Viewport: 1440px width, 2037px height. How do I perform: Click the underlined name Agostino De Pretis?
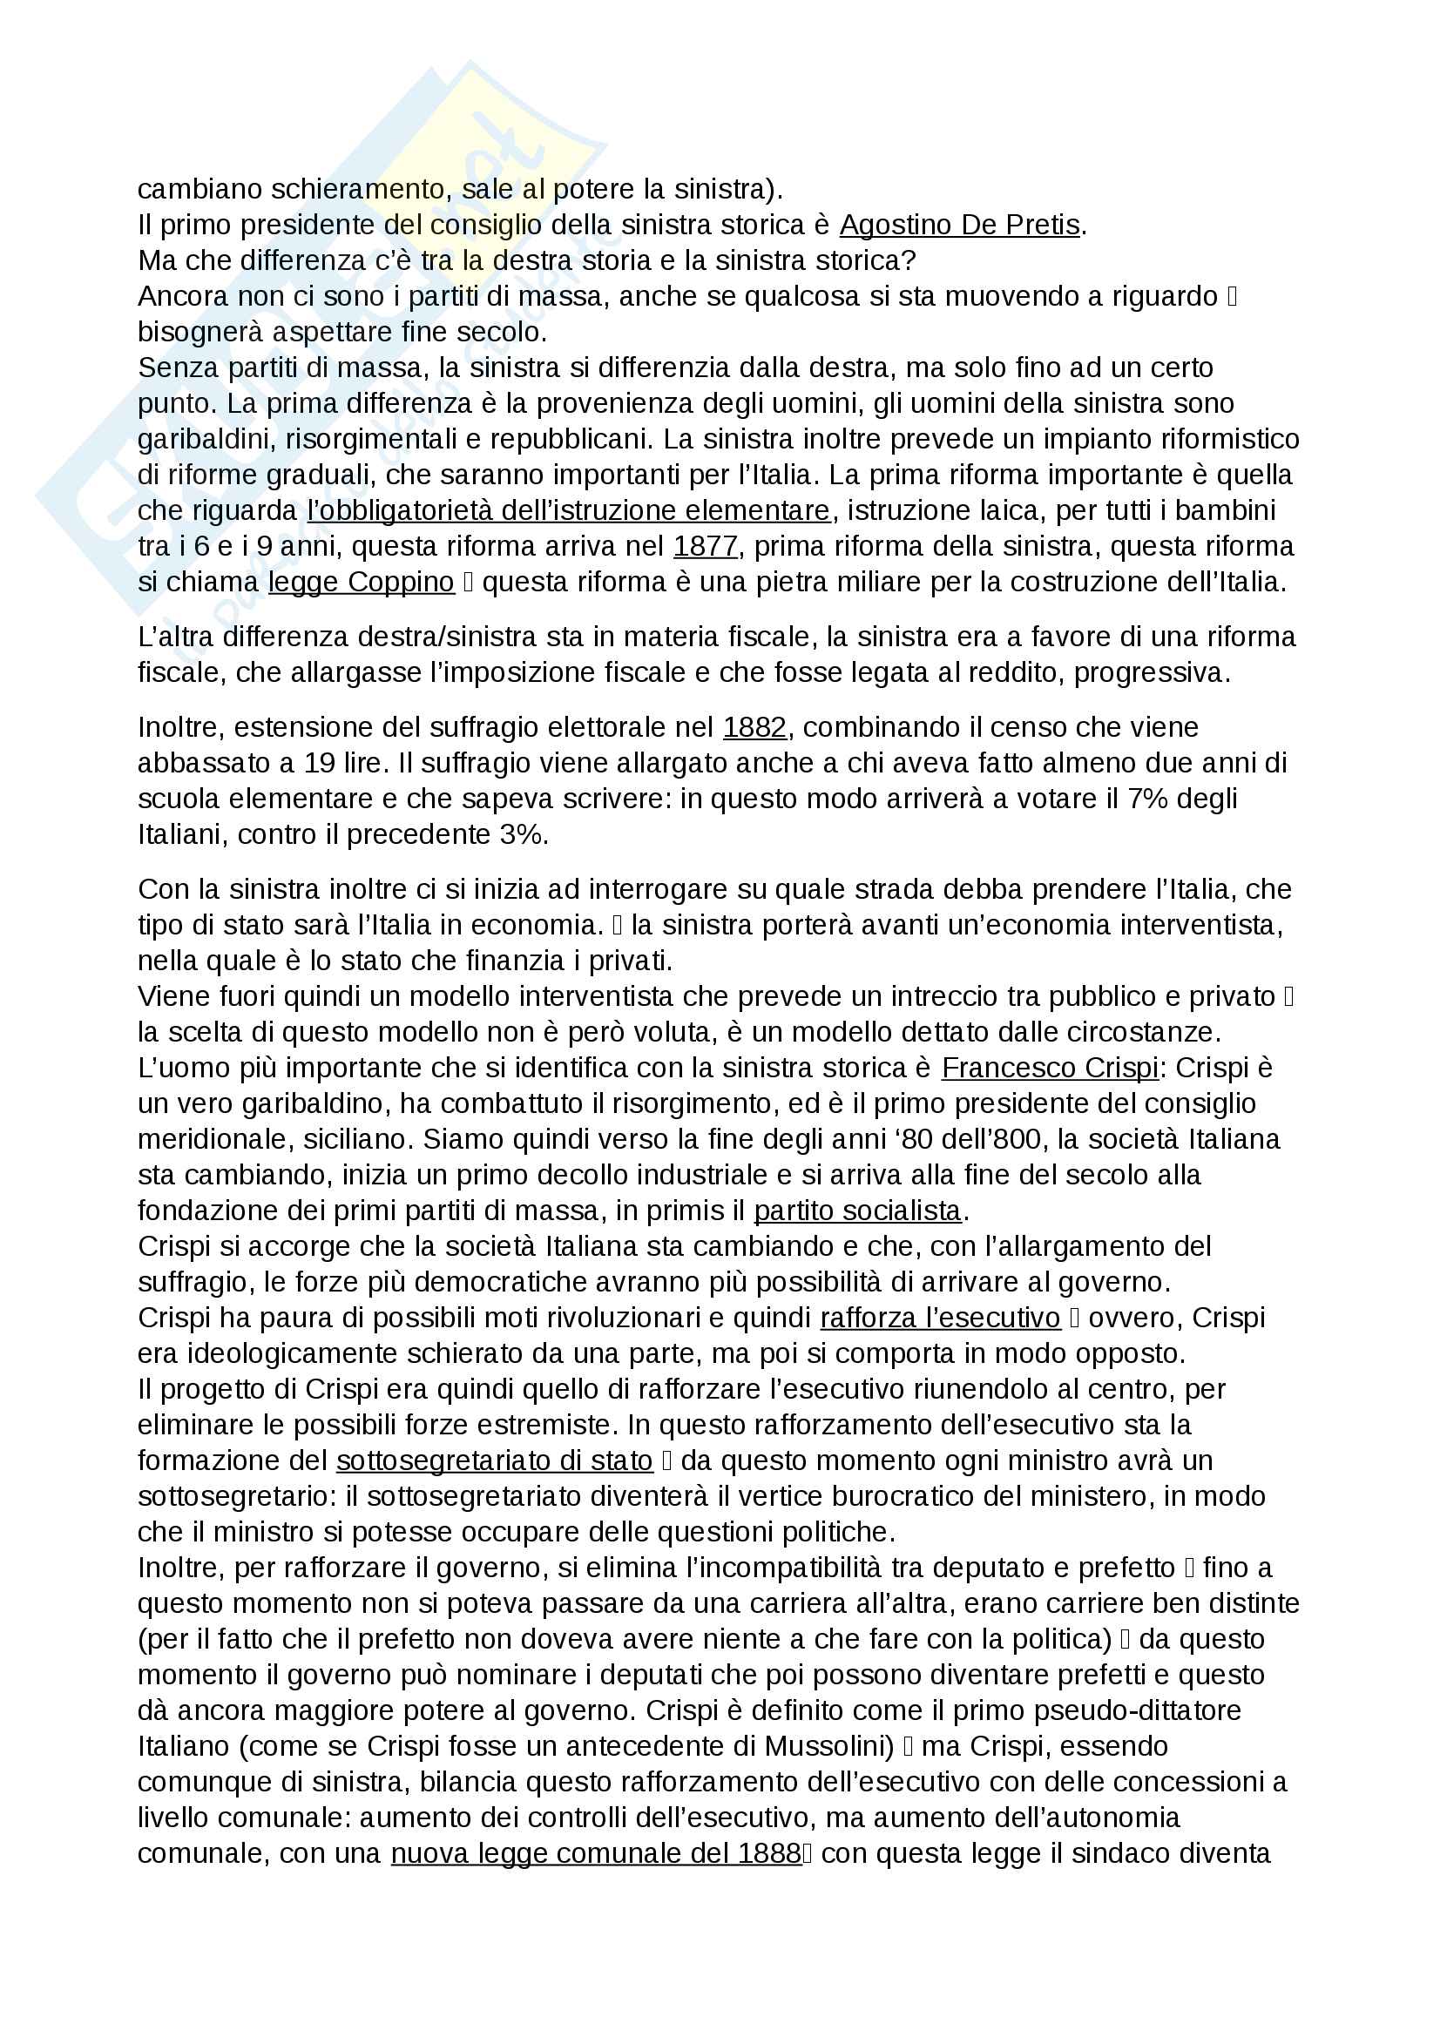pyautogui.click(x=959, y=226)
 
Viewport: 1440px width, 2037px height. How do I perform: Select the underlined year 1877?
pyautogui.click(x=706, y=547)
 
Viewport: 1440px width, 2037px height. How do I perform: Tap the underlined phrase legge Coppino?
pyautogui.click(x=362, y=582)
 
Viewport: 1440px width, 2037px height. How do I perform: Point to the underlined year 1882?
pyautogui.click(x=755, y=727)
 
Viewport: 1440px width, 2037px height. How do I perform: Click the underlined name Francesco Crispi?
pyautogui.click(x=1050, y=1068)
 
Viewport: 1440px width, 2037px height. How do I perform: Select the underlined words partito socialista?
pyautogui.click(x=857, y=1211)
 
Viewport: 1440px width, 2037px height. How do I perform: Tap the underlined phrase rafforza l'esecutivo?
pyautogui.click(x=941, y=1318)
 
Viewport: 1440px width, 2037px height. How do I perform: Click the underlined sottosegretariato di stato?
pyautogui.click(x=494, y=1460)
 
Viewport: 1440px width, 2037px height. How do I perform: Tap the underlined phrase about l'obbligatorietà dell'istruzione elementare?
pyautogui.click(x=569, y=511)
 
